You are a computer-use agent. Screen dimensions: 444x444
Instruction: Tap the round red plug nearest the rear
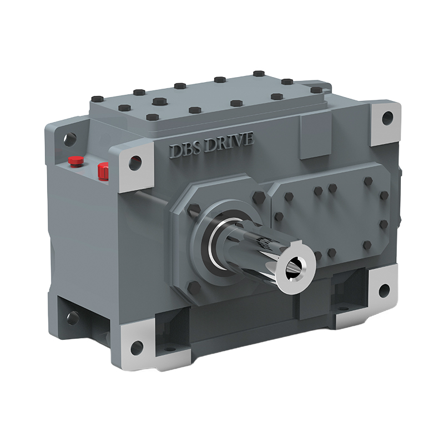coord(75,162)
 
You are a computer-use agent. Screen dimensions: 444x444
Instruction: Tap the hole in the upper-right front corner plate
coord(388,117)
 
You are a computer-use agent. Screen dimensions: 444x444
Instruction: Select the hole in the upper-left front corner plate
coord(134,163)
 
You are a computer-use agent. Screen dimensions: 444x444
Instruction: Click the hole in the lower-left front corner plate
coord(135,348)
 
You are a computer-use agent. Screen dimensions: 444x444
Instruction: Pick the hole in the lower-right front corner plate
coord(384,289)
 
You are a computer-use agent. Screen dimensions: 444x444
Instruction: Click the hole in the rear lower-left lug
coord(73,318)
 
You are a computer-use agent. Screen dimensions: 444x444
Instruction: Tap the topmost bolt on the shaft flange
coord(259,196)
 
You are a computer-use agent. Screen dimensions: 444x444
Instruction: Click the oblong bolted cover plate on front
coord(333,216)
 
